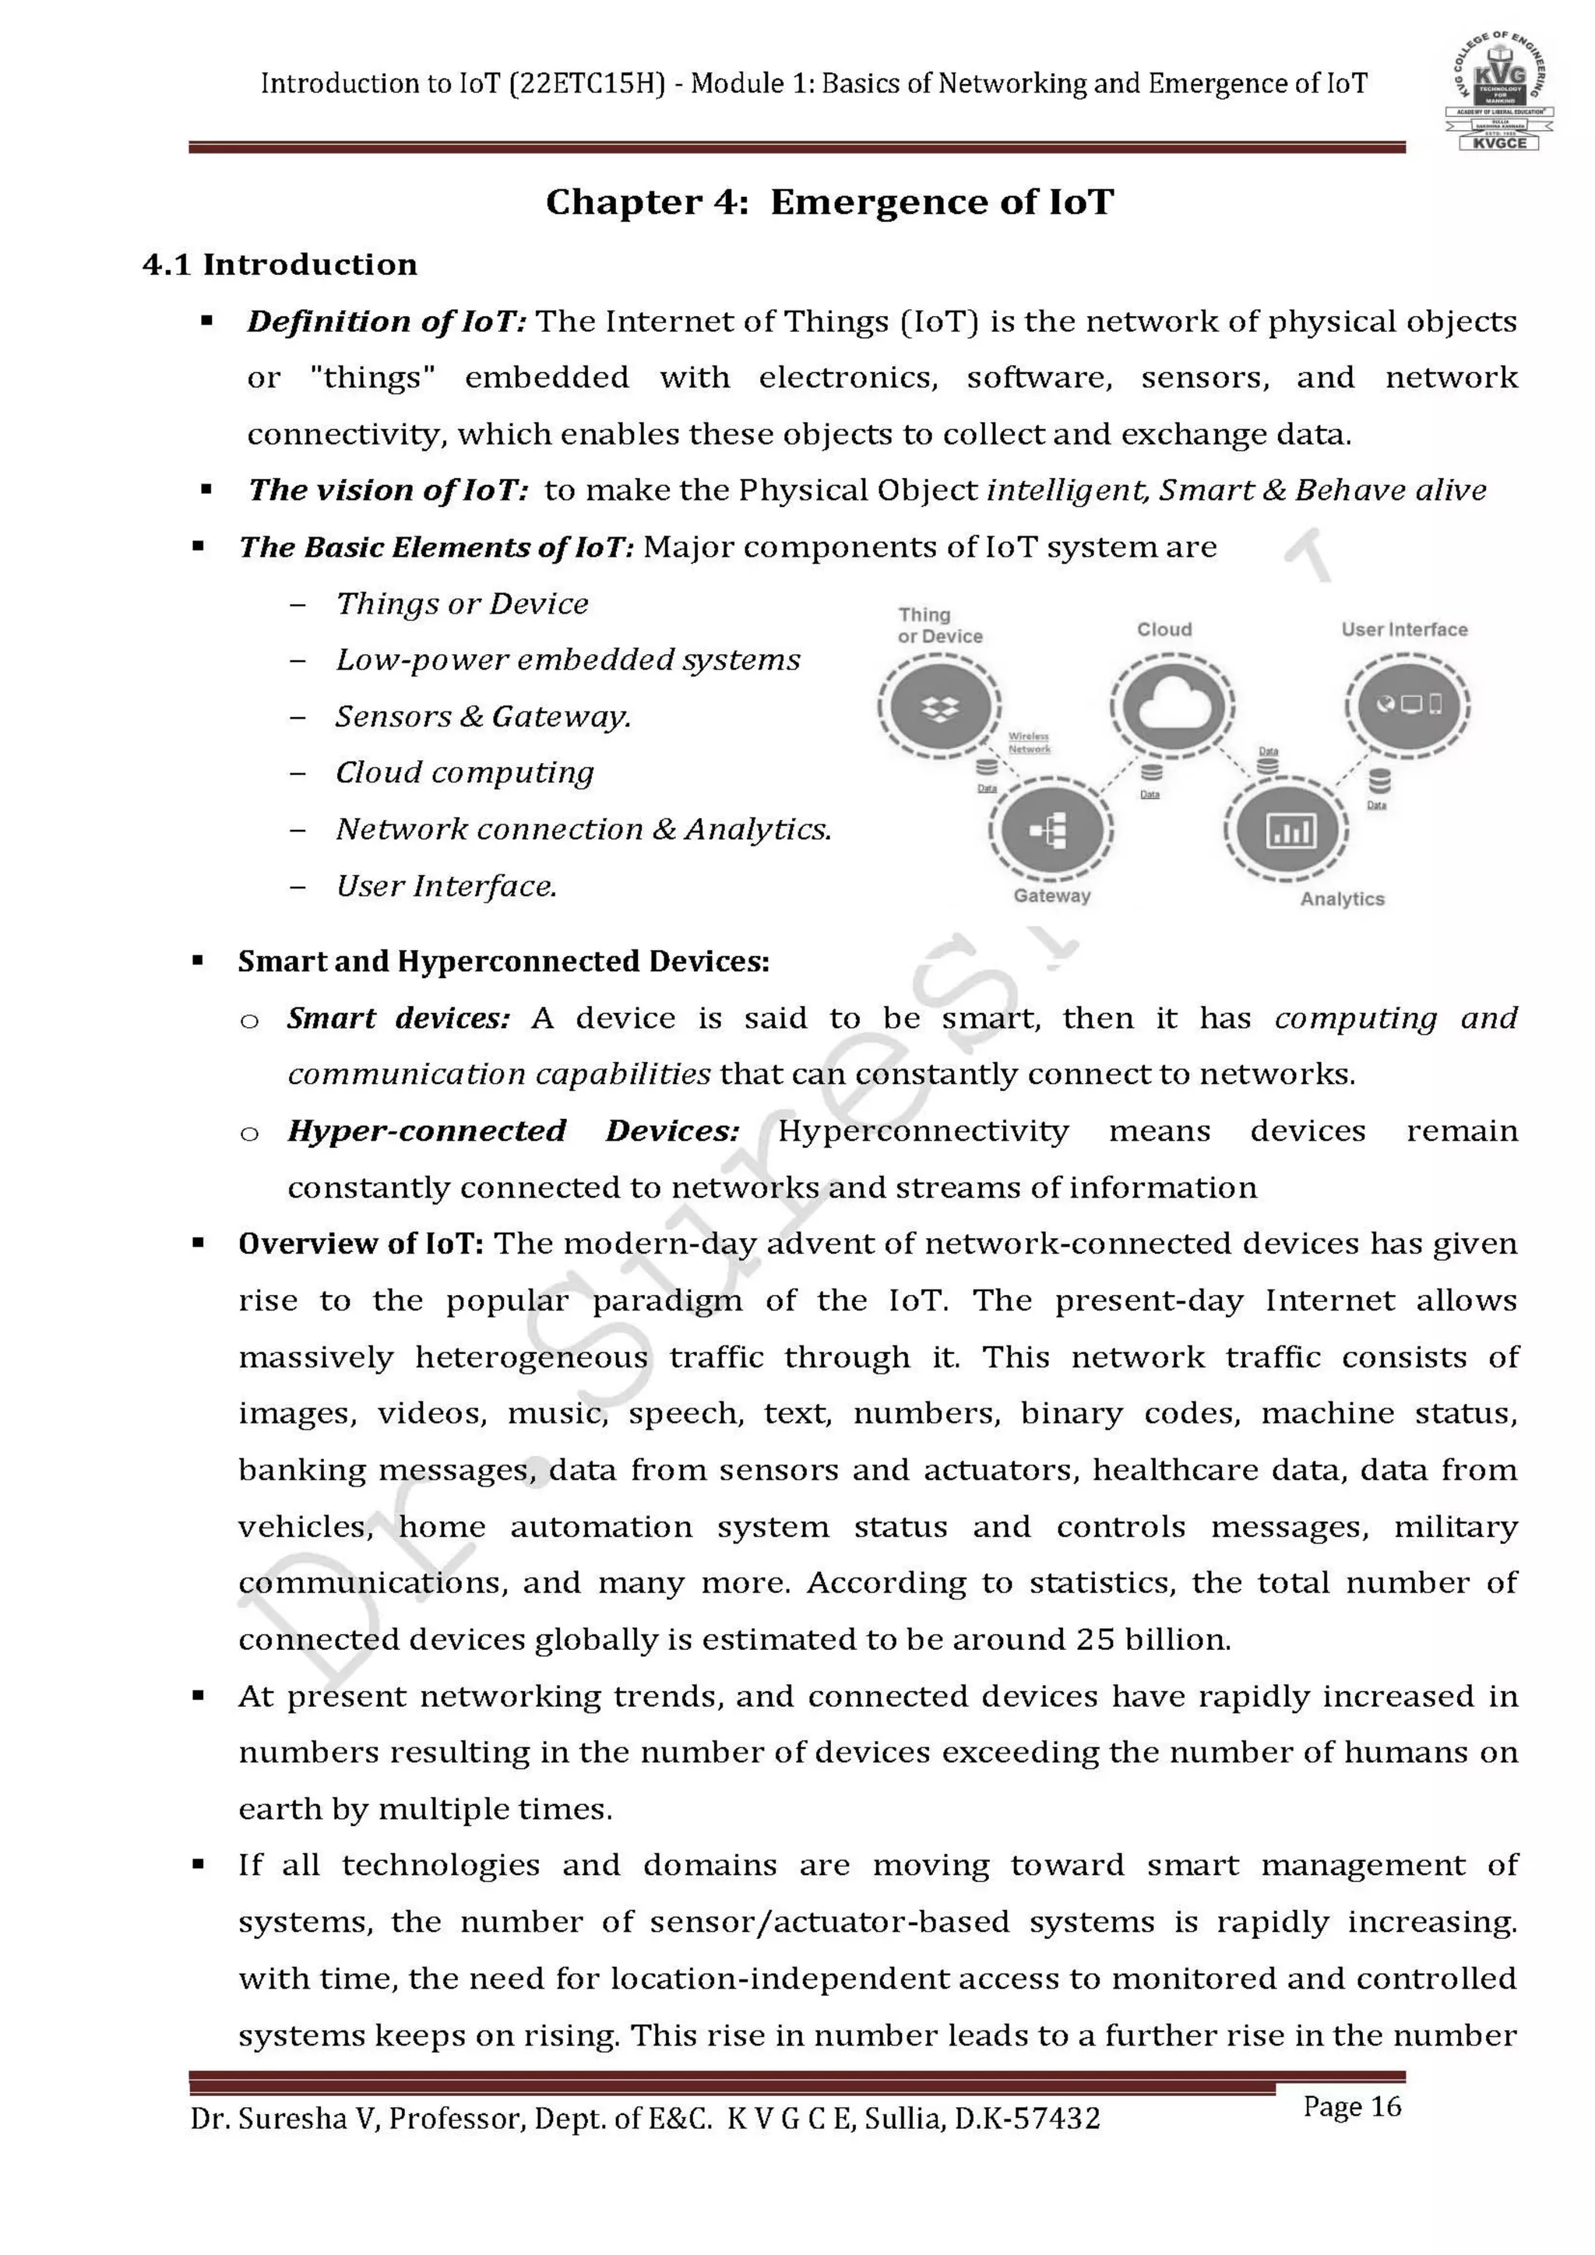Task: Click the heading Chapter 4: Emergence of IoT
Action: (x=830, y=202)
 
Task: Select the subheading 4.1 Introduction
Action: (x=280, y=264)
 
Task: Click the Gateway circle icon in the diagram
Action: (x=1051, y=831)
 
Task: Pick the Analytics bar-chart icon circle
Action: (x=1287, y=831)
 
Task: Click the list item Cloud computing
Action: (x=464, y=773)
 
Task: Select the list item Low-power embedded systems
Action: (x=568, y=660)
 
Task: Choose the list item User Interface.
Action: (x=446, y=887)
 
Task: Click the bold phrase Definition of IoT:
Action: (x=387, y=322)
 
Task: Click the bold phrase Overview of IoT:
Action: (x=361, y=1244)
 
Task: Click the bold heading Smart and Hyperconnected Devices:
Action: (x=503, y=962)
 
